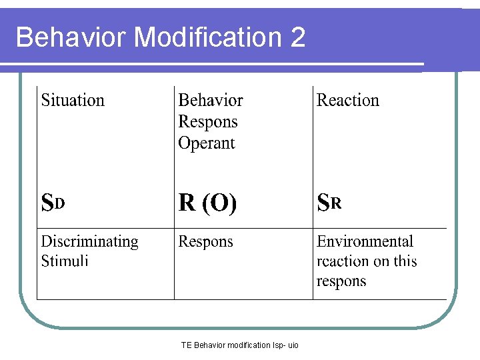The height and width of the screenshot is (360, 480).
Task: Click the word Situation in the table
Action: click(x=73, y=101)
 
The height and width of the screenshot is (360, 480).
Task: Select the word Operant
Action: click(x=207, y=143)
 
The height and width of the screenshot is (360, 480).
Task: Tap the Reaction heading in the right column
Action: click(x=347, y=101)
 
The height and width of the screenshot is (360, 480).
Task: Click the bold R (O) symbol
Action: click(x=207, y=203)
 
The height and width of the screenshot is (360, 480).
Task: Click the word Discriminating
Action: click(x=89, y=242)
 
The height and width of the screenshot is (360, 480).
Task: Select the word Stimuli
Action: click(x=65, y=261)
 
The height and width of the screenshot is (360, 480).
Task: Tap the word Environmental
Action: click(x=365, y=242)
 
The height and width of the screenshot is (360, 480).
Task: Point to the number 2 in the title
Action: click(x=298, y=37)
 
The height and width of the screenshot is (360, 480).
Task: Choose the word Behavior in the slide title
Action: click(x=71, y=37)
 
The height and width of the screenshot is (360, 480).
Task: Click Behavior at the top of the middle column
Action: click(x=211, y=101)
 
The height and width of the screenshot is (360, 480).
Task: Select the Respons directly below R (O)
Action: click(x=206, y=242)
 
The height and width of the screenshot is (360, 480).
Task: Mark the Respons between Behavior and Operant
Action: click(x=208, y=122)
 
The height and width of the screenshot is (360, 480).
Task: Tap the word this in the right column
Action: click(x=405, y=261)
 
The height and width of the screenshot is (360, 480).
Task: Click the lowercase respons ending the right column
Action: click(x=341, y=281)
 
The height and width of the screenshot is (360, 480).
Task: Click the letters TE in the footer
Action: click(x=186, y=345)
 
